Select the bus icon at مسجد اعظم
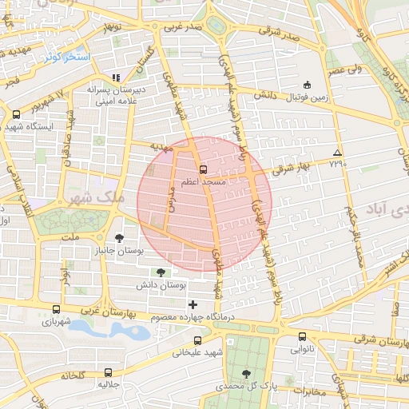click(203, 169)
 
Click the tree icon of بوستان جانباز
click(119, 238)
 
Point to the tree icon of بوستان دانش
click(161, 272)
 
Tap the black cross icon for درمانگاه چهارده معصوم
click(192, 304)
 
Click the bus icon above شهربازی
click(55, 310)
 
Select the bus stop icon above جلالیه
click(109, 372)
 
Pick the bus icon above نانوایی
click(302, 336)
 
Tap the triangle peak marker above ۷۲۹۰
click(338, 152)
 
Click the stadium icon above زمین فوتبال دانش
click(307, 85)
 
